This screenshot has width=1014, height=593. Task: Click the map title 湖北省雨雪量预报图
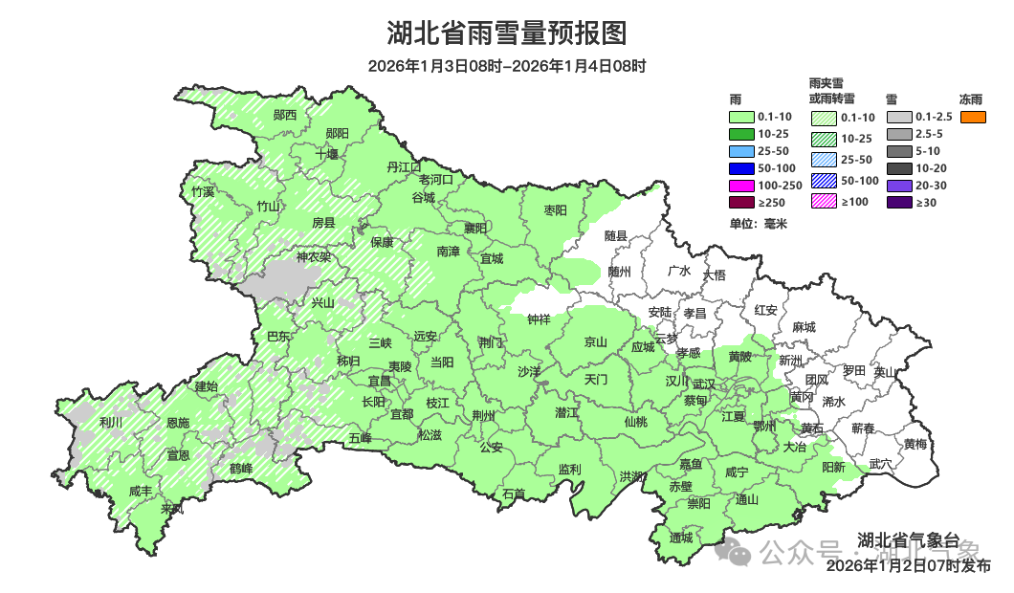pos(507,33)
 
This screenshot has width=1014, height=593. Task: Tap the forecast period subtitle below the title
pos(507,66)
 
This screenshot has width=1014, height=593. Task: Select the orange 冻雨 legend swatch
pos(973,117)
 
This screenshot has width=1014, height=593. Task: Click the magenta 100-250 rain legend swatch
pos(740,185)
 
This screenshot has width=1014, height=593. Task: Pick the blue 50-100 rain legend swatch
pos(740,168)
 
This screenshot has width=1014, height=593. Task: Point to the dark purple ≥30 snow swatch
pos(898,203)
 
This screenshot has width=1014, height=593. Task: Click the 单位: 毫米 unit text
pos(758,224)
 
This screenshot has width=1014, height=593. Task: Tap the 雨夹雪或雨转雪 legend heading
pos(831,91)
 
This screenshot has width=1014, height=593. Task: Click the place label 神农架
pos(313,256)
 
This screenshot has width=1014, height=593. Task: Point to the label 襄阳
pos(475,228)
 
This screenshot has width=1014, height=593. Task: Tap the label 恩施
pos(177,423)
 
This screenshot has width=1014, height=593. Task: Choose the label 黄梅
pos(915,444)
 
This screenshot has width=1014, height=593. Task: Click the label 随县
pos(616,235)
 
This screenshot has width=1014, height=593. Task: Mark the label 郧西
pos(285,115)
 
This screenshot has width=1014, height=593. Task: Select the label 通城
pos(681,538)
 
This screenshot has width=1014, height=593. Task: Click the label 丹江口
pos(404,166)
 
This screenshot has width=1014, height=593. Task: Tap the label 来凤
pos(172,509)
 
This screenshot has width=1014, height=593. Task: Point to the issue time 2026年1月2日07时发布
pos(909,566)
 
